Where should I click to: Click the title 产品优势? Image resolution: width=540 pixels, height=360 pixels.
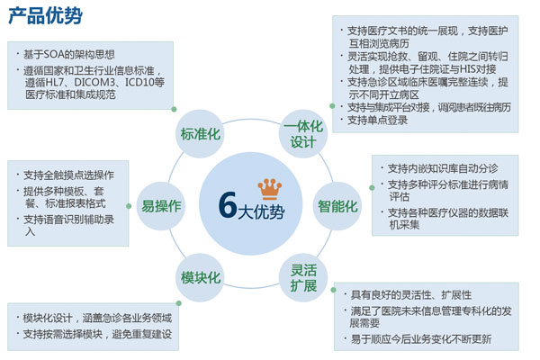[46, 15]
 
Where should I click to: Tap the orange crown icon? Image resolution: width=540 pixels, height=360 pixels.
[270, 189]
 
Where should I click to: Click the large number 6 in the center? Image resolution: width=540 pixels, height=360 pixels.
[228, 205]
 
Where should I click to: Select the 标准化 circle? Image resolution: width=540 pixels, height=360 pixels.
[200, 134]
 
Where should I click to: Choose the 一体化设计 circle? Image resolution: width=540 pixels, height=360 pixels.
[303, 134]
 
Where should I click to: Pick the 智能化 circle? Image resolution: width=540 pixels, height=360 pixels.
[337, 206]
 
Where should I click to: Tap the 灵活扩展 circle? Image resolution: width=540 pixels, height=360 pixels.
[303, 278]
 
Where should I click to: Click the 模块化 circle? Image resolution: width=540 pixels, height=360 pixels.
[200, 278]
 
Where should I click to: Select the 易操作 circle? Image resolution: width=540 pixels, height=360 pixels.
[161, 206]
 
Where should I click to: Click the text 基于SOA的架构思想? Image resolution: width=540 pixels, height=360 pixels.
[69, 54]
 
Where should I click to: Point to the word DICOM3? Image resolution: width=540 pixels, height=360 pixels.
[94, 82]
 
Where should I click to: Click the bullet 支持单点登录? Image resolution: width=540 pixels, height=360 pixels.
[377, 121]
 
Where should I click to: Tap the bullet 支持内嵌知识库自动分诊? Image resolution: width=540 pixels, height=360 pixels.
[443, 168]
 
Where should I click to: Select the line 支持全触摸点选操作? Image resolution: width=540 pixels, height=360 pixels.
[68, 175]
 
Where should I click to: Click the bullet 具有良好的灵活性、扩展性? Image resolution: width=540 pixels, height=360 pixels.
[411, 295]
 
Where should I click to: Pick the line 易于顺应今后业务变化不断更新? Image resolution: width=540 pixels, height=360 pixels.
[421, 339]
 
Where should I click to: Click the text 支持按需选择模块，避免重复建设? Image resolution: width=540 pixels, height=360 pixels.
[97, 334]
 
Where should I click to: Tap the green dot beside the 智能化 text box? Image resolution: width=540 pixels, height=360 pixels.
[372, 188]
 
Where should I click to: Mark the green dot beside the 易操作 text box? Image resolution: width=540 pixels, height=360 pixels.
[129, 206]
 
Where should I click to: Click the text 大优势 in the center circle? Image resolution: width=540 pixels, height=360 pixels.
[261, 211]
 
